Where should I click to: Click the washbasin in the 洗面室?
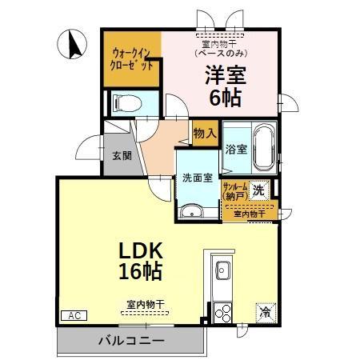pyautogui.click(x=190, y=211)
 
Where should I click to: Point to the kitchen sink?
pyautogui.click(x=222, y=270)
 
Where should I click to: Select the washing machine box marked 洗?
pyautogui.click(x=258, y=190)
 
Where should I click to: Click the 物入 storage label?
pyautogui.click(x=205, y=134)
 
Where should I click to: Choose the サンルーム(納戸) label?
pyautogui.click(x=236, y=190)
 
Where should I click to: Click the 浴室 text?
pyautogui.click(x=234, y=149)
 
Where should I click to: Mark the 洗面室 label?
pyautogui.click(x=196, y=178)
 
